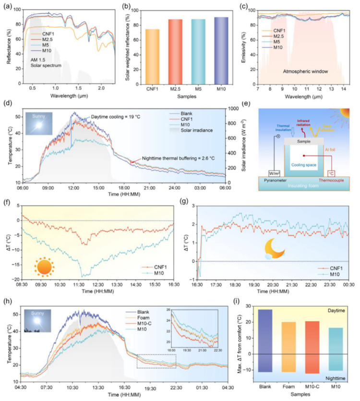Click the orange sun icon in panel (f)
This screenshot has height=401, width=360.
point(44,267)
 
